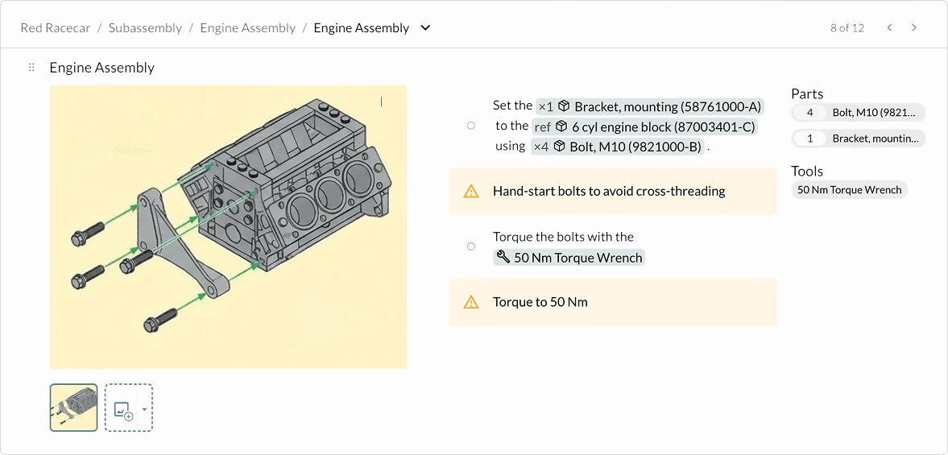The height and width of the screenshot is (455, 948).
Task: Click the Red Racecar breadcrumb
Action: [53, 28]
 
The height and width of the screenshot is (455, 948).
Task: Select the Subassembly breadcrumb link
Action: [145, 28]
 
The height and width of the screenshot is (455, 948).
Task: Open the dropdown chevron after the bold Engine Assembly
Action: [425, 28]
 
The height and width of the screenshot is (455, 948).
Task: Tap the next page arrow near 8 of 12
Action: [914, 28]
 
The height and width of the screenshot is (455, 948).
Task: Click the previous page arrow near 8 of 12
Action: [889, 28]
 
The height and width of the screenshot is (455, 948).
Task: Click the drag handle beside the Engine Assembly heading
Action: [31, 68]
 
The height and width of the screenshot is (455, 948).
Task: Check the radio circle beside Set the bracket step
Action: [471, 126]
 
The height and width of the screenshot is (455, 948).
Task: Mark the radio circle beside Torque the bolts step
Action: [471, 246]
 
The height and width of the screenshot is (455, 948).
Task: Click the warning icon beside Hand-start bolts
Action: [471, 192]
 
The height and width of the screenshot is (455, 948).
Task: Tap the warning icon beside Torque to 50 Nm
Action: [471, 303]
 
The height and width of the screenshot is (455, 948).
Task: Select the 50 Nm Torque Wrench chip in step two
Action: [569, 258]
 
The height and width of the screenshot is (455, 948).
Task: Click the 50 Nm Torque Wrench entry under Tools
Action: [849, 190]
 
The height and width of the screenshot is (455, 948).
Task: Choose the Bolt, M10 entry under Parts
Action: [859, 113]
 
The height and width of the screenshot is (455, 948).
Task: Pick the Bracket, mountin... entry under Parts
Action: [859, 139]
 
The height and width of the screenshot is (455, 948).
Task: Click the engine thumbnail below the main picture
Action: [74, 407]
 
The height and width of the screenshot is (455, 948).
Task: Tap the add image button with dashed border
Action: [123, 408]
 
